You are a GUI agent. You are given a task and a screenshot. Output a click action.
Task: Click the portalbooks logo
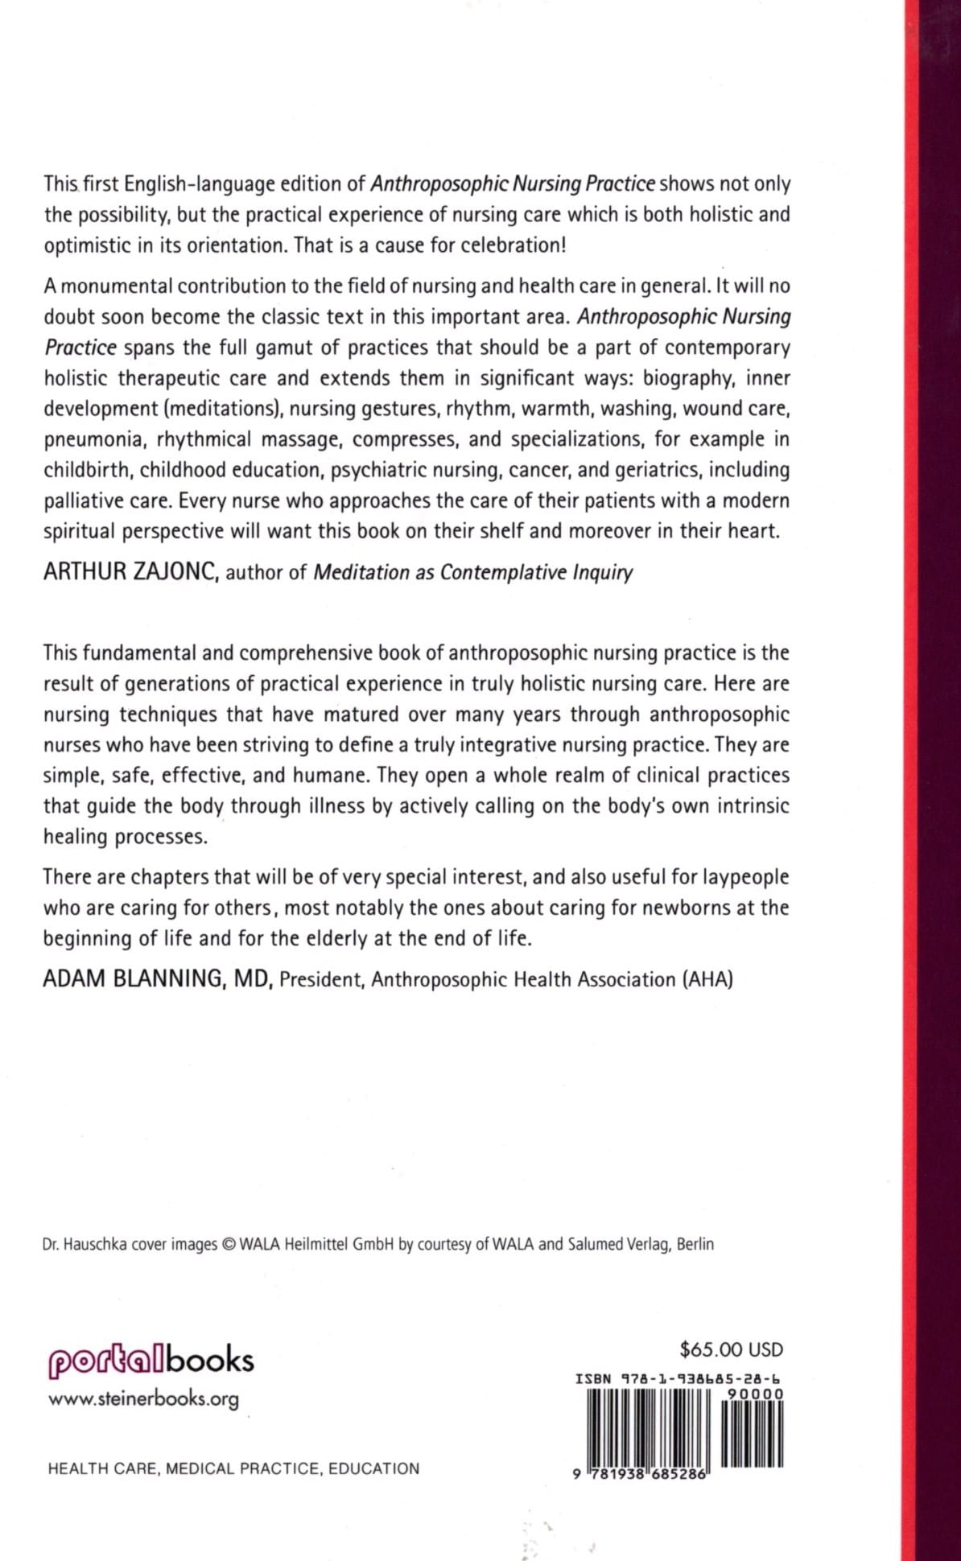[151, 1361]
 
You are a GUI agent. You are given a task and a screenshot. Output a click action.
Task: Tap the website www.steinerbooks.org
[144, 1399]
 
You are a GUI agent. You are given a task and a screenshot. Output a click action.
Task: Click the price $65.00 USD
[731, 1350]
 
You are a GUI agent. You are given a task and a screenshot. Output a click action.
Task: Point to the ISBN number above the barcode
[679, 1378]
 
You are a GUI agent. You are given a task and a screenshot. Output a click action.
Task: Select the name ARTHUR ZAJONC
[130, 571]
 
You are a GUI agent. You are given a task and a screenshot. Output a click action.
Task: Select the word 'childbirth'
[89, 470]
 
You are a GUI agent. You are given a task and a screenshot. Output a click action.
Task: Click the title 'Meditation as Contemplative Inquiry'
[472, 572]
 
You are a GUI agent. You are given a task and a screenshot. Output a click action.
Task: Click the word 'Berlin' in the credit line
[695, 1244]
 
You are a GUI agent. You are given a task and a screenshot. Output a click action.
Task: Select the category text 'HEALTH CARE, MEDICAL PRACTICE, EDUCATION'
[233, 1468]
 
